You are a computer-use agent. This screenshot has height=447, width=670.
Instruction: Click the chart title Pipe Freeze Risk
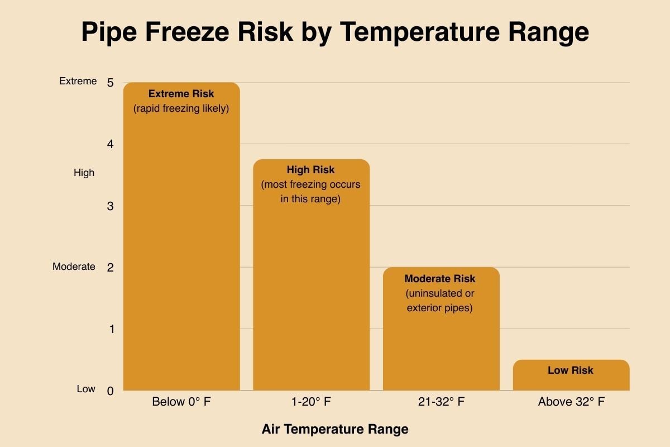point(335,32)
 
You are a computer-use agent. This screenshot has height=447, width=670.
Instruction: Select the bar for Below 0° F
point(181,251)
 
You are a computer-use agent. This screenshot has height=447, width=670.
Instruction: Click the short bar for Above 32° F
point(571,381)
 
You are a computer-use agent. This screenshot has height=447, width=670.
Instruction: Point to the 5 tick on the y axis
point(111,83)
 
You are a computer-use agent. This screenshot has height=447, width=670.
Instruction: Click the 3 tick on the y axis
point(111,206)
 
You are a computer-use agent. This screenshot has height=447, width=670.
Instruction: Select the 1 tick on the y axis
point(111,329)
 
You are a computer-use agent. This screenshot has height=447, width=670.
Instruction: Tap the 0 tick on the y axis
point(111,391)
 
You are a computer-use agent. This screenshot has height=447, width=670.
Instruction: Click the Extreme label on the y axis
point(78,81)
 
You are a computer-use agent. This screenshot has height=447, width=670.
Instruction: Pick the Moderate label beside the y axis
point(74,267)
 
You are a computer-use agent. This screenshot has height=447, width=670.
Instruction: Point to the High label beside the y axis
point(84,173)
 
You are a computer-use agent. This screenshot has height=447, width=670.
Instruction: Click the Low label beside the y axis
point(86,389)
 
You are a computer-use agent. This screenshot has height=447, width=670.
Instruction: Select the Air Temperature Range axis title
point(335,429)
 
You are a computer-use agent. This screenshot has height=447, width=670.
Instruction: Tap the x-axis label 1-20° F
point(311,402)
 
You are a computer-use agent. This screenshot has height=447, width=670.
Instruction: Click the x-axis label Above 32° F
point(571,402)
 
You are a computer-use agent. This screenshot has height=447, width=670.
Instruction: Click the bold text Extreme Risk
point(181,94)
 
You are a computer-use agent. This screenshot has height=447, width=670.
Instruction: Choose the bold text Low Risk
point(571,370)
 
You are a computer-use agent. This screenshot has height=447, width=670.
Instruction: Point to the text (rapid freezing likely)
point(181,108)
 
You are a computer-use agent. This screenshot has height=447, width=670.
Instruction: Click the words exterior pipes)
point(440,307)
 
